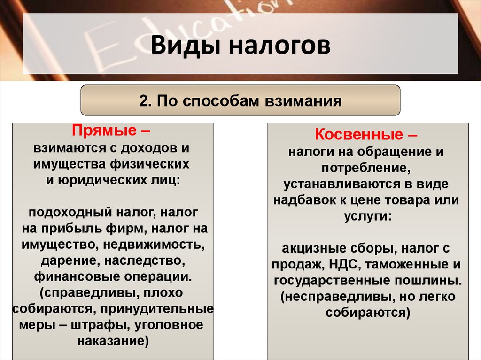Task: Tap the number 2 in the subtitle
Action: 143,101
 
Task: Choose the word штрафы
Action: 109,325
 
